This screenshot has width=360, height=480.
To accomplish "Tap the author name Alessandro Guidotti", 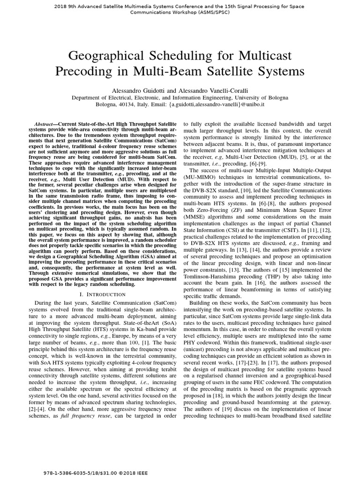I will click(x=137, y=90).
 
